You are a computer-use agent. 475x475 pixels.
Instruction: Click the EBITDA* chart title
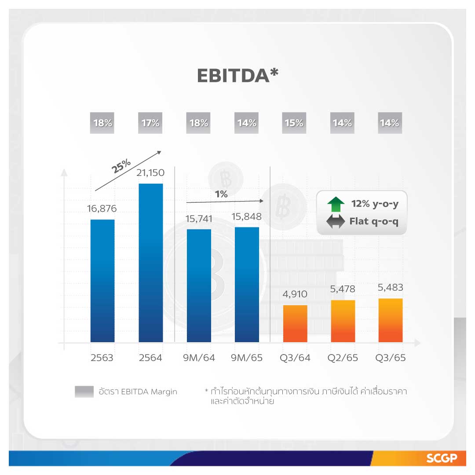[237, 75]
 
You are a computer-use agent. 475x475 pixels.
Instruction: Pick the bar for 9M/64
[199, 285]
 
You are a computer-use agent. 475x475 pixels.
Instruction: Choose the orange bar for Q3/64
[295, 323]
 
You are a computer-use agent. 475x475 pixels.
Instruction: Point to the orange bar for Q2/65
[343, 321]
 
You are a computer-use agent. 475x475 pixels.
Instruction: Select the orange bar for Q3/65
[391, 320]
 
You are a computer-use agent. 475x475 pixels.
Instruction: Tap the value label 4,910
[295, 294]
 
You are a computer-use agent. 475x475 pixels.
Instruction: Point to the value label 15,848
[247, 216]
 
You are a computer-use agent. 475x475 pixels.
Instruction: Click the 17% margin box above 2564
[150, 123]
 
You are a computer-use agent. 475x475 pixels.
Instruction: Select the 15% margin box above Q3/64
[294, 123]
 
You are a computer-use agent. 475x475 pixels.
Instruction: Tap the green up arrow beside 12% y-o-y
[336, 205]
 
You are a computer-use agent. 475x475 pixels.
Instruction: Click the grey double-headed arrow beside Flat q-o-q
[336, 222]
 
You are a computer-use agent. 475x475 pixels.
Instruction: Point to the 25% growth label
[121, 166]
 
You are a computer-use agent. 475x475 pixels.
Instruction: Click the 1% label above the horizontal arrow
[221, 194]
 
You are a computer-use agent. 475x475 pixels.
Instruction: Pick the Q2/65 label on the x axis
[343, 358]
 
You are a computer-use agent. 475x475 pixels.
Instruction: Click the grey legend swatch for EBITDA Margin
[84, 391]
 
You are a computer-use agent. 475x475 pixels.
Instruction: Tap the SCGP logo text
[439, 459]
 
